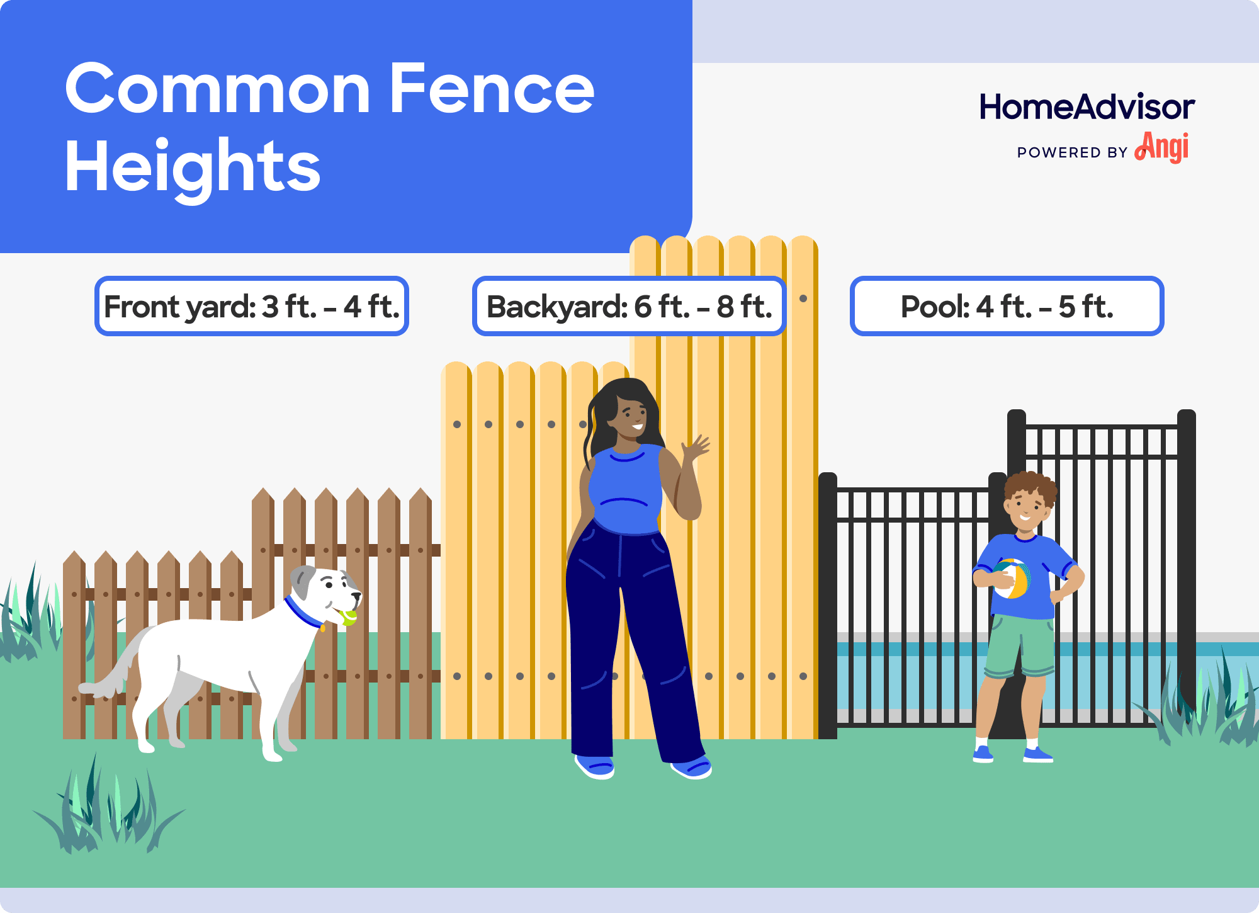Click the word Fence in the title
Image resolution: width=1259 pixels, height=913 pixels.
coord(492,89)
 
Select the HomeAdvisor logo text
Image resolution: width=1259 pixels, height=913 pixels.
coord(1087,107)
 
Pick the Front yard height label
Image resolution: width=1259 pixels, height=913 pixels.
coord(252,307)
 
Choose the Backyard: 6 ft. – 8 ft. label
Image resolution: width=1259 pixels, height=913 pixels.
coord(629,307)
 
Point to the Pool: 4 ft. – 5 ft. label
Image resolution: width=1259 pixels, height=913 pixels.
coord(1007,307)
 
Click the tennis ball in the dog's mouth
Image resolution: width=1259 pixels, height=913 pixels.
coord(348,616)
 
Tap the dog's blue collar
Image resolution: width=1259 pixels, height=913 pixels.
coord(303,613)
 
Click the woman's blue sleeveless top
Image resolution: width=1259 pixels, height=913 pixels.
coord(626,491)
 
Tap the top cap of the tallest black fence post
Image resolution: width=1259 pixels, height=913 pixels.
coord(1186,416)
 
